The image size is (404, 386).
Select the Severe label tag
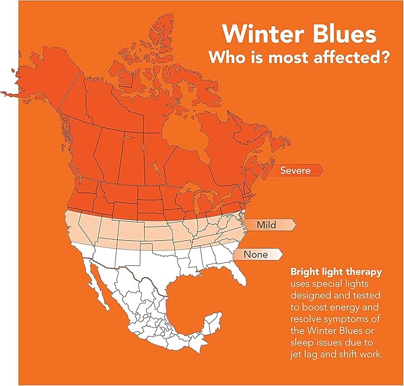point(296,171)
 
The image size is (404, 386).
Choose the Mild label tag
point(271,225)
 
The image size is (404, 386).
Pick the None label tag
point(258,255)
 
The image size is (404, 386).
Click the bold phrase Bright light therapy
point(336,272)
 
